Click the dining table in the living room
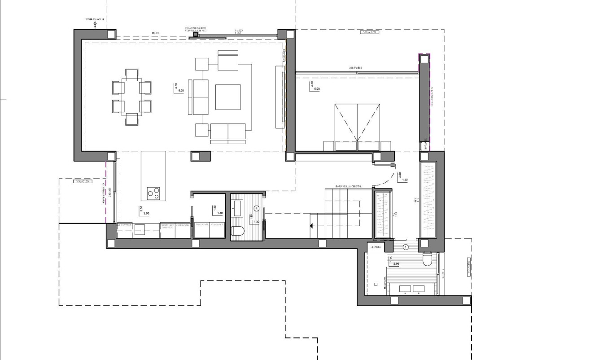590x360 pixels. (131, 97)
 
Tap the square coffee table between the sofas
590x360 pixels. (228, 97)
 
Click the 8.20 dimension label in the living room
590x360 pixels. (181, 91)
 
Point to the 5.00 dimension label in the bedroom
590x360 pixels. (317, 89)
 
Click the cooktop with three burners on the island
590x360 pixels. (153, 193)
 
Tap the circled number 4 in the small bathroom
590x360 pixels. (256, 208)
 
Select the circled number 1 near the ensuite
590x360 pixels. (406, 247)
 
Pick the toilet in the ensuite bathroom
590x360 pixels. (427, 259)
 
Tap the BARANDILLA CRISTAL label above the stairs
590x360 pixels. (348, 186)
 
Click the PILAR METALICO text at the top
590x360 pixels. (196, 28)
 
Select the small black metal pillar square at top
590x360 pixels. (195, 34)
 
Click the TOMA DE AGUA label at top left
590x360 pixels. (94, 20)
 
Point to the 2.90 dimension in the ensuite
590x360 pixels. (396, 264)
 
